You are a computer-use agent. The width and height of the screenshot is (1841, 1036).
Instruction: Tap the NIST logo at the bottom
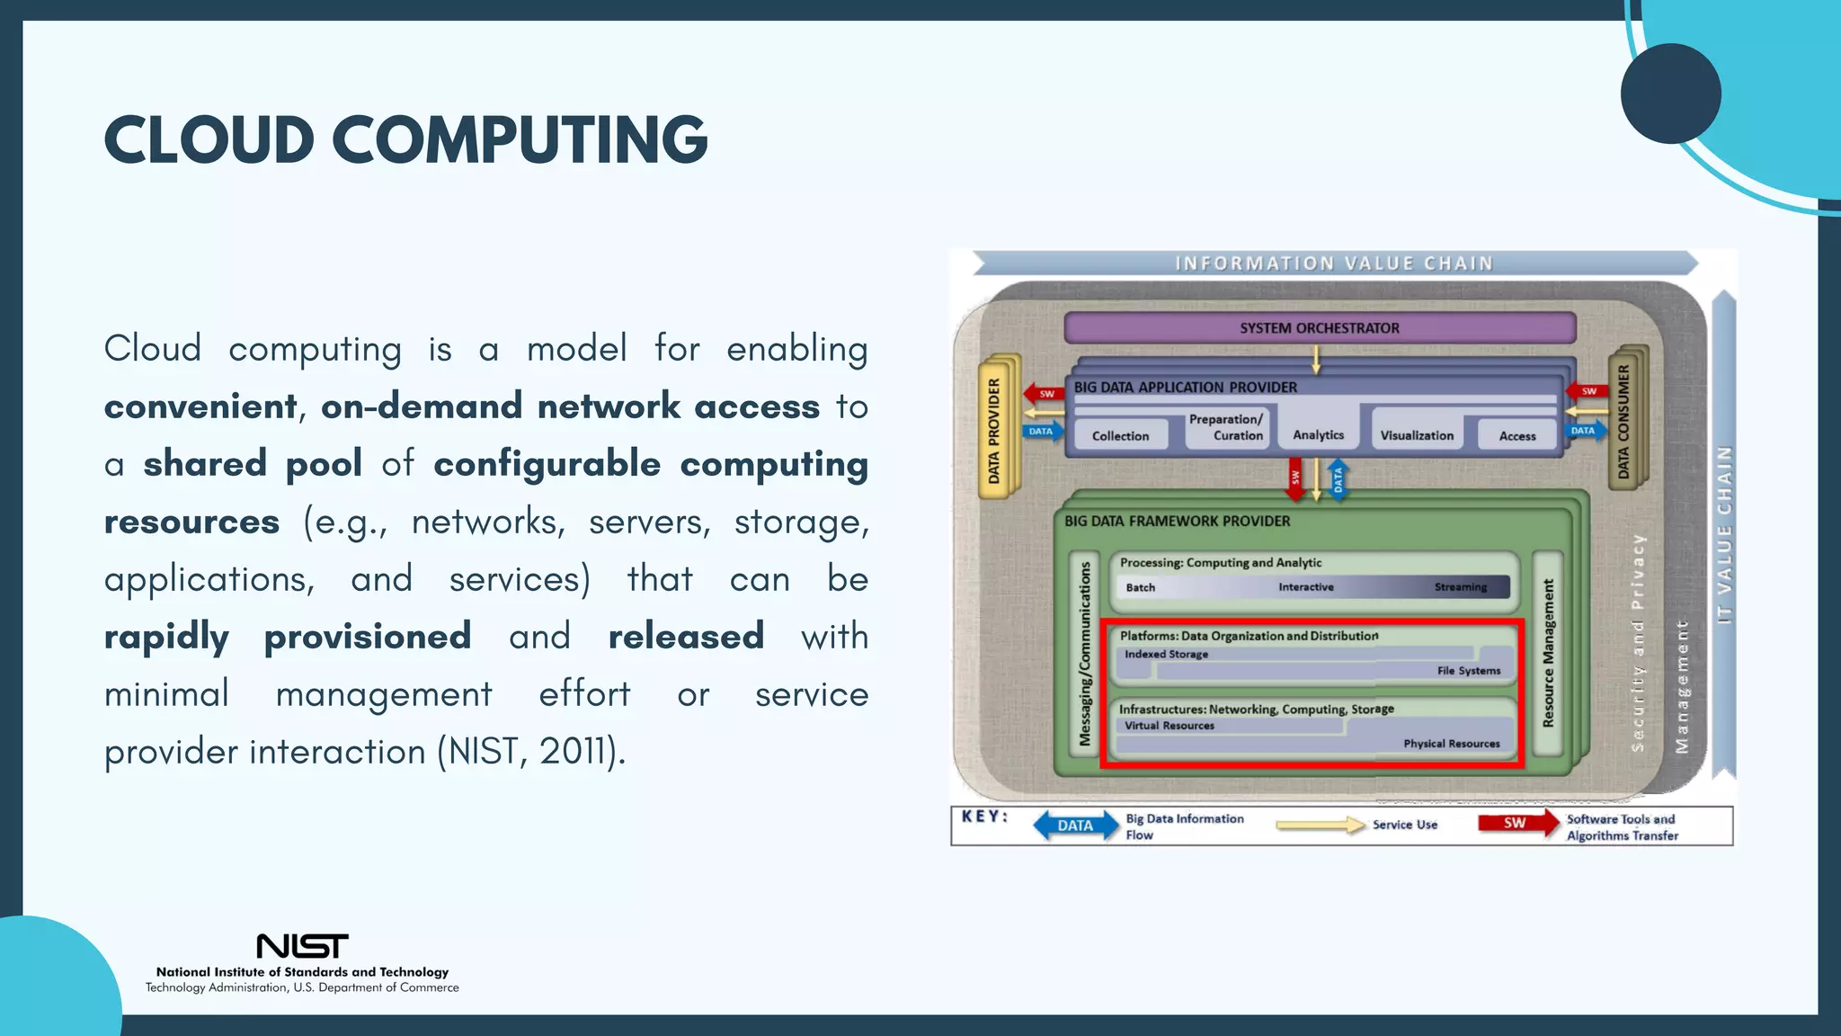pyautogui.click(x=302, y=946)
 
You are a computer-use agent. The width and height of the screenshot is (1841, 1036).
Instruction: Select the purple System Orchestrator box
pyautogui.click(x=1319, y=328)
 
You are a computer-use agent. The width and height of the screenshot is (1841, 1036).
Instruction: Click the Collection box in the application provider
pyautogui.click(x=1120, y=435)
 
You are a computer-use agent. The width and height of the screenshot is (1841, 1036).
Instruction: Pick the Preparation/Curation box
pyautogui.click(x=1226, y=428)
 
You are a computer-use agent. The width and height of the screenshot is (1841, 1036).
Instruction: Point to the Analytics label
pyautogui.click(x=1318, y=435)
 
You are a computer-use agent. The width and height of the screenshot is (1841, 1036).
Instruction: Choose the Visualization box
pyautogui.click(x=1416, y=435)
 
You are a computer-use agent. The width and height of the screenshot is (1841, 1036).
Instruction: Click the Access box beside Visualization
pyautogui.click(x=1516, y=436)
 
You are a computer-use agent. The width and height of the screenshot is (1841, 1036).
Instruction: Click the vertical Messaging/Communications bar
pyautogui.click(x=1085, y=654)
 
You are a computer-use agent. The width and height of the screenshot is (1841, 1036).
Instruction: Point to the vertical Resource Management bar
pyautogui.click(x=1548, y=654)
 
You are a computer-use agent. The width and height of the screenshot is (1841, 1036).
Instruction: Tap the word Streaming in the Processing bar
pyautogui.click(x=1460, y=587)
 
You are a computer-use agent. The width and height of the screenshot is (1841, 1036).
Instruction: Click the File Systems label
pyautogui.click(x=1468, y=671)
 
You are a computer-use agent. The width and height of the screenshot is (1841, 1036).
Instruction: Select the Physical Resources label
pyautogui.click(x=1451, y=744)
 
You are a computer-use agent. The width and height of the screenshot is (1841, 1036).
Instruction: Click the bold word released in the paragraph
pyautogui.click(x=686, y=637)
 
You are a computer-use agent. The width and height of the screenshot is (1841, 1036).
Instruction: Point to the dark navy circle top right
pyautogui.click(x=1670, y=94)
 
